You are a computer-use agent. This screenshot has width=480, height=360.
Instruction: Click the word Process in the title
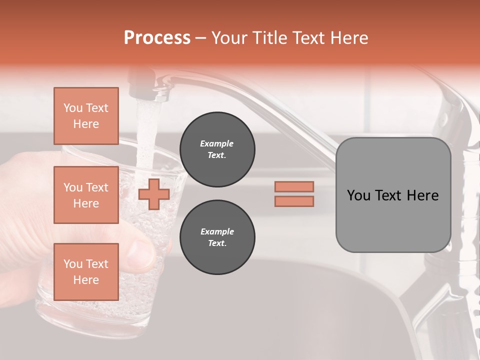tap(157, 38)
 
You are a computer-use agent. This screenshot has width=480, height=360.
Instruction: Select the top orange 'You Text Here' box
tap(86, 116)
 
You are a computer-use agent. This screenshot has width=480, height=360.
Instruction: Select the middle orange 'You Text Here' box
tap(86, 195)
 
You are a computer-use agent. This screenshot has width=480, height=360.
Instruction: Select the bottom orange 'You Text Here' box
tap(86, 272)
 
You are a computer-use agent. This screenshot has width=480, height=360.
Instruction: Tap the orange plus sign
tap(154, 194)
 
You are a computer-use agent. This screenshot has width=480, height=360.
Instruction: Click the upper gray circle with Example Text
tap(217, 149)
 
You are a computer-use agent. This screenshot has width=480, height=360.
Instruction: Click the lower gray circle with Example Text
tap(217, 237)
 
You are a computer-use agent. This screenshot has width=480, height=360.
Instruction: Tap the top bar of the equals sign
tap(294, 186)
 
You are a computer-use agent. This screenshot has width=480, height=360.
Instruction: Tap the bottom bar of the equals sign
tap(294, 201)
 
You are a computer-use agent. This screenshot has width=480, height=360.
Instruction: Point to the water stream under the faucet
tap(146, 135)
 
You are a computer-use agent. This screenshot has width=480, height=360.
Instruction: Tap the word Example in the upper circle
tap(217, 143)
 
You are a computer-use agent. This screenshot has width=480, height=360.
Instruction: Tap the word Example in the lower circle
tap(217, 231)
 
